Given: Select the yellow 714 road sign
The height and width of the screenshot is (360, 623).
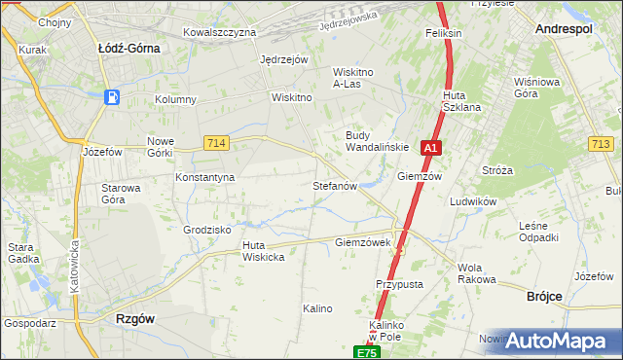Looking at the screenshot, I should (216, 143).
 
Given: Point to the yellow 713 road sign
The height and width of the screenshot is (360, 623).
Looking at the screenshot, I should (601, 144).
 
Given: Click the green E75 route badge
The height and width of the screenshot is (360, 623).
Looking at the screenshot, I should (365, 352).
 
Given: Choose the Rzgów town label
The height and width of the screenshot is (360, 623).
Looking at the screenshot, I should (135, 318).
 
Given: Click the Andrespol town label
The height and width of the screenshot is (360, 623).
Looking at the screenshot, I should (565, 30).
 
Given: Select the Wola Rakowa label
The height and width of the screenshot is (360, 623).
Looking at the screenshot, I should (476, 273).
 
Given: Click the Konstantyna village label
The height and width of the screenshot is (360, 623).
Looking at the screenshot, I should (204, 178).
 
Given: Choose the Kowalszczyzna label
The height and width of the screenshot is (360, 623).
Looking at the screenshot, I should (219, 32).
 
